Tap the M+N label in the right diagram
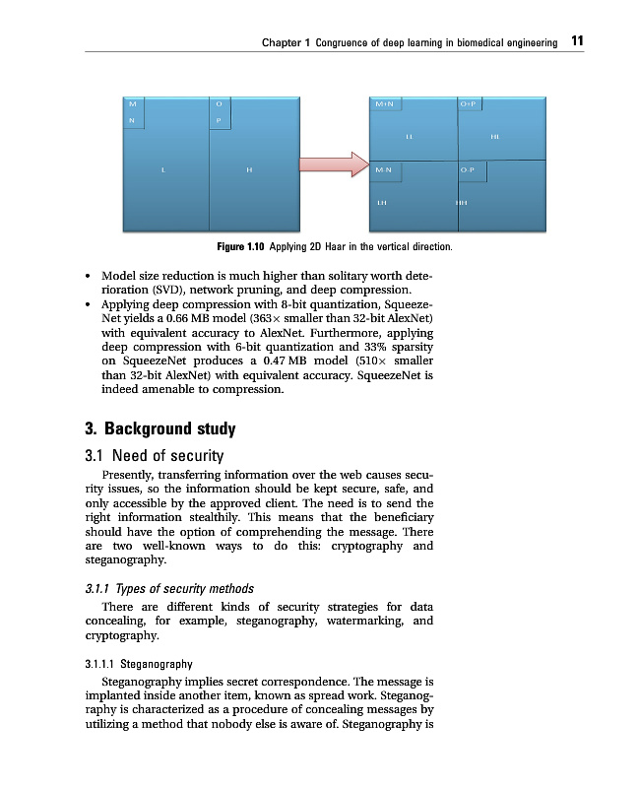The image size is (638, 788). coord(385,102)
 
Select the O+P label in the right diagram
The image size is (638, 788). coord(469,102)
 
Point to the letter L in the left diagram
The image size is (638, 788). coord(162,170)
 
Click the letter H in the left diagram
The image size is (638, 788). coord(249,170)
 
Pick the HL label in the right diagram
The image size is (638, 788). coord(494,136)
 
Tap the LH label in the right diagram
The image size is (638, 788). coord(382,203)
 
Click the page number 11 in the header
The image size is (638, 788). coord(578,41)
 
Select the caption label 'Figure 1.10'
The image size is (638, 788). coord(241,245)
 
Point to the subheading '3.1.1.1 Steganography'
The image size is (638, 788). coord(139,664)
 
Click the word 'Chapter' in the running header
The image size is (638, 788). coord(283,42)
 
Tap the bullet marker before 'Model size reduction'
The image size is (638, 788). coord(91,278)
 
